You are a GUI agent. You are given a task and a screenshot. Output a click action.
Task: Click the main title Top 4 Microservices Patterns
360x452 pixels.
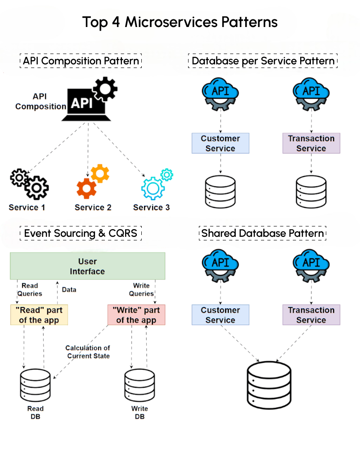(x=180, y=22)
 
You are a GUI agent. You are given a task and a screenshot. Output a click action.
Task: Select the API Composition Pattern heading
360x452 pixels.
(x=81, y=61)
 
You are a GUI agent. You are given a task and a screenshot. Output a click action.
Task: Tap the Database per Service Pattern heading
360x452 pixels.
(x=263, y=61)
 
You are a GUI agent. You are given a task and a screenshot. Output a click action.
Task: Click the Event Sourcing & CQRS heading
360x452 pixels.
(x=81, y=233)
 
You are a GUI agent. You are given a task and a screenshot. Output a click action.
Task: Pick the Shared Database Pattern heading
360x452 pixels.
(x=263, y=233)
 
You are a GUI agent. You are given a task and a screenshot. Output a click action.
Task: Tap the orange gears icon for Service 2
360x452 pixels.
(x=92, y=182)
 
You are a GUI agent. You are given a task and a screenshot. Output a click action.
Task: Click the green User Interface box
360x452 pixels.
(x=88, y=266)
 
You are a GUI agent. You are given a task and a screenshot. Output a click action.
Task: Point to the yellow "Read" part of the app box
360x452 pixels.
(x=39, y=315)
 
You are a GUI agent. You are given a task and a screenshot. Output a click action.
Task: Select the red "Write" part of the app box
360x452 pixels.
(x=136, y=315)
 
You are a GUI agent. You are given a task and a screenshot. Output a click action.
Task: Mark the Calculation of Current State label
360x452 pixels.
(x=88, y=352)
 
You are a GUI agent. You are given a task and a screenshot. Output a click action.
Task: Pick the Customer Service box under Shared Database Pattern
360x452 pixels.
(x=220, y=315)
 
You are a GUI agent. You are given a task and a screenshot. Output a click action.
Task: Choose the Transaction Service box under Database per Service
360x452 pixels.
(x=311, y=143)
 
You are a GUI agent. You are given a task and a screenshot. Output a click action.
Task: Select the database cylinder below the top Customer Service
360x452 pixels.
(x=220, y=191)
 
